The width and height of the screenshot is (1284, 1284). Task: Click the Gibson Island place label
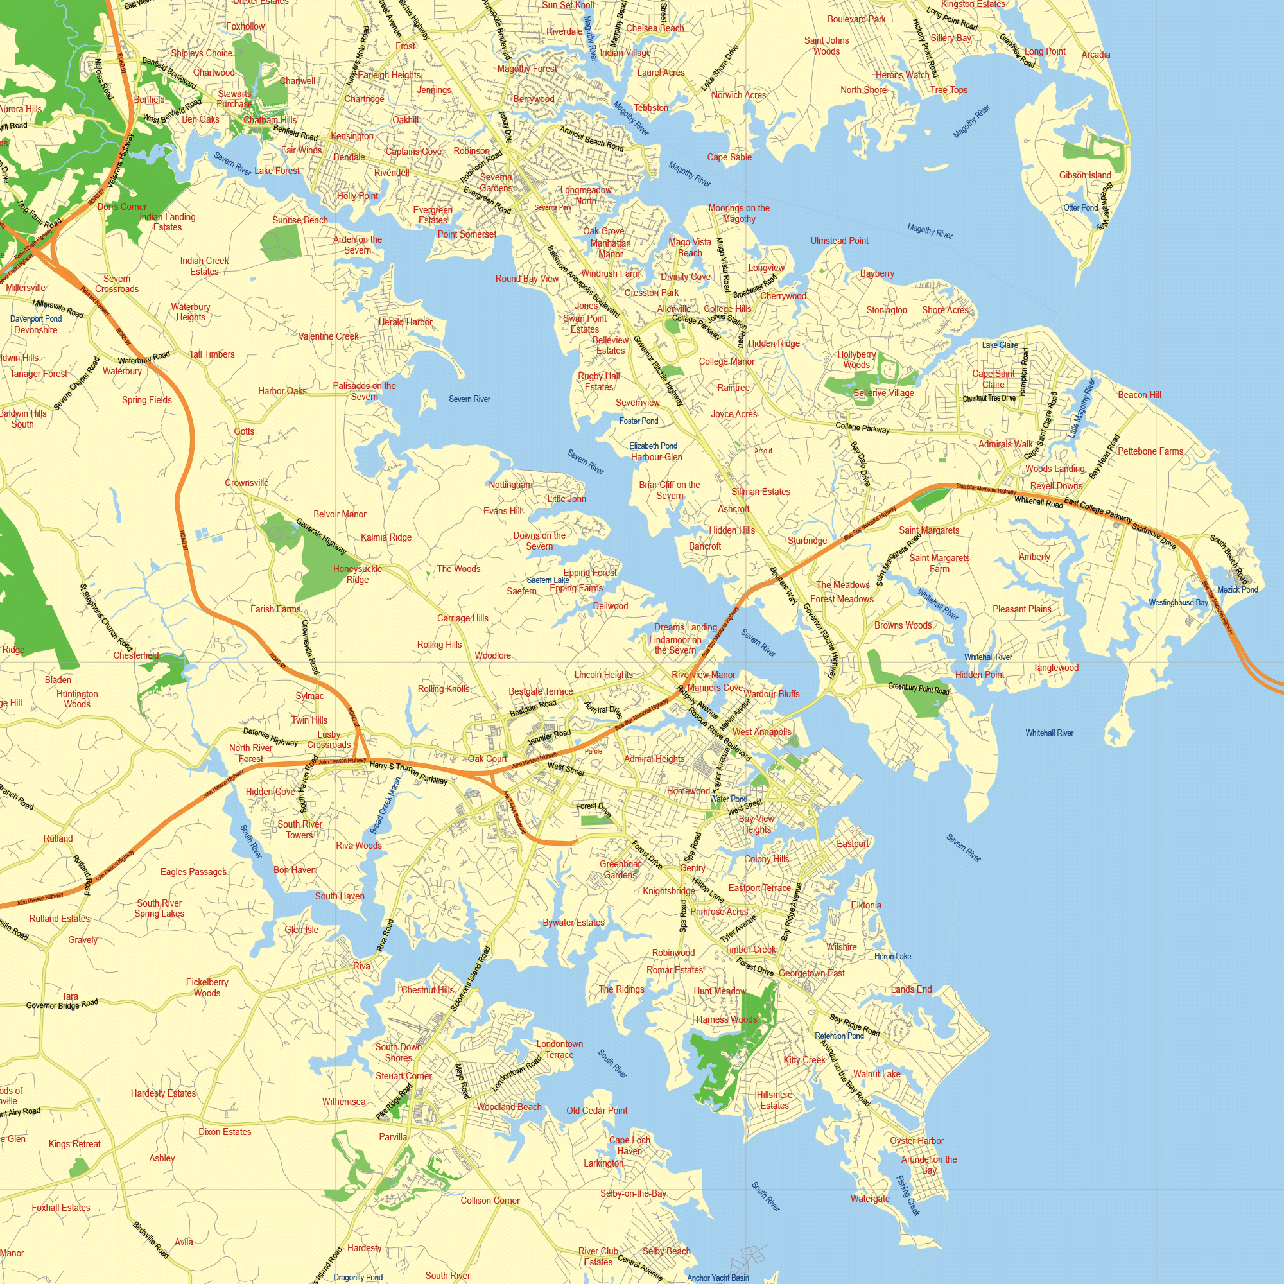pos(1084,175)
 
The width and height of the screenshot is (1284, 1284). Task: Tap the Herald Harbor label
pos(404,322)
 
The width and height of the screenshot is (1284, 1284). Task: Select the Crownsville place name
pos(247,483)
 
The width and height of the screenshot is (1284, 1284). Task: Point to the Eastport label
pos(852,844)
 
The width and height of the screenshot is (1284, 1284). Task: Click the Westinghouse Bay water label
pos(1177,603)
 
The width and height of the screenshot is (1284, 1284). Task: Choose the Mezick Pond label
pos(1238,589)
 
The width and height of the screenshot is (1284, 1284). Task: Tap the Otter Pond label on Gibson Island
pos(1080,207)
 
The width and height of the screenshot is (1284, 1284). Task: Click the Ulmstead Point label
pos(838,241)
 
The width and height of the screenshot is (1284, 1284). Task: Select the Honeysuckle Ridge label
pos(358,574)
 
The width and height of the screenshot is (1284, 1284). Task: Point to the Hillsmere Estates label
pos(774,1100)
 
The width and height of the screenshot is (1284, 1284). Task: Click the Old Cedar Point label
pos(597,1111)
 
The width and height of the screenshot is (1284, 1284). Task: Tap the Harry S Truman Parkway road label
pos(409,773)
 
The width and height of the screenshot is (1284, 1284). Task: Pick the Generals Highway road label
pos(321,535)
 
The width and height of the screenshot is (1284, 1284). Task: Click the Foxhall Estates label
pos(60,1208)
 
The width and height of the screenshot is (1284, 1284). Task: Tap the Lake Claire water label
pos(1000,345)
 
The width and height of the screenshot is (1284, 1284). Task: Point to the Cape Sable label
pos(729,157)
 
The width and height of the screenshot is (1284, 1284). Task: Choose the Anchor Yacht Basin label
pos(718,1278)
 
